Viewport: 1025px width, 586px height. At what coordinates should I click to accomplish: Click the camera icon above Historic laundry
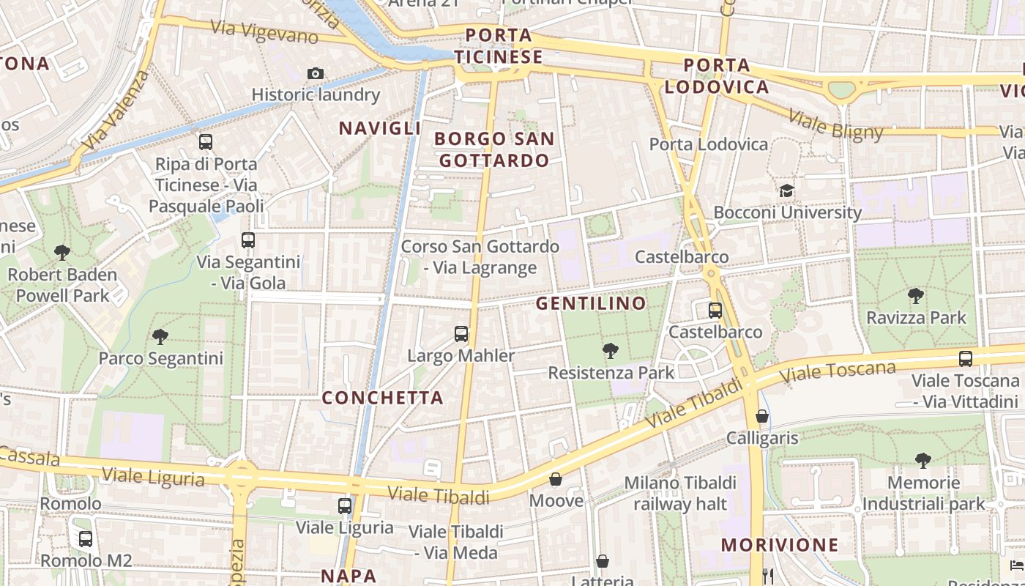pyautogui.click(x=316, y=73)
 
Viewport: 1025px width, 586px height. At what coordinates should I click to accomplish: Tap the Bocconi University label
pyautogui.click(x=787, y=212)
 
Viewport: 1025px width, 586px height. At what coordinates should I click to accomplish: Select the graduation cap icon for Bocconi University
pyautogui.click(x=786, y=191)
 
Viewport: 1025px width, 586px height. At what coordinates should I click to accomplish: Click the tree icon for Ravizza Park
pyautogui.click(x=915, y=296)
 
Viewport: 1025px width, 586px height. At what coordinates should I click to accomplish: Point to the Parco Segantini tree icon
pyautogui.click(x=160, y=337)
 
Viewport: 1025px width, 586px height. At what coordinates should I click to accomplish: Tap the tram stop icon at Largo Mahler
pyautogui.click(x=461, y=334)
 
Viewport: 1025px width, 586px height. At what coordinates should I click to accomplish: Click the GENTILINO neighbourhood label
pyautogui.click(x=592, y=303)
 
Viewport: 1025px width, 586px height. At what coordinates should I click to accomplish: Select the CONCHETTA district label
pyautogui.click(x=383, y=398)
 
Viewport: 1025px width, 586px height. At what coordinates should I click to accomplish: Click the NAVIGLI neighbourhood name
pyautogui.click(x=379, y=128)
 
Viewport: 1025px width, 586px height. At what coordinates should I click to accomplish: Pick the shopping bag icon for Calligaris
pyautogui.click(x=762, y=416)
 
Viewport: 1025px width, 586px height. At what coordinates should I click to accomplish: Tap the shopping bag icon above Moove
pyautogui.click(x=556, y=480)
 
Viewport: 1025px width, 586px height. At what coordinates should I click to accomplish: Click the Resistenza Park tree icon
pyautogui.click(x=610, y=351)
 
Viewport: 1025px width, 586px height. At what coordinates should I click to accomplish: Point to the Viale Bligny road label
pyautogui.click(x=835, y=125)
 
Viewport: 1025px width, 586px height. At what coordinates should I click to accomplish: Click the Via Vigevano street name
pyautogui.click(x=264, y=31)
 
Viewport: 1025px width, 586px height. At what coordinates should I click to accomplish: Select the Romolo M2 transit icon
pyautogui.click(x=86, y=539)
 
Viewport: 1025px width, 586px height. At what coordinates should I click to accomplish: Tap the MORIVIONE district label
pyautogui.click(x=780, y=545)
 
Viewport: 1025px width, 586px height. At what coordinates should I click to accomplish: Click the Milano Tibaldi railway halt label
pyautogui.click(x=679, y=493)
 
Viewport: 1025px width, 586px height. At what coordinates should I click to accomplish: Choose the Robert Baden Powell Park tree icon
pyautogui.click(x=62, y=253)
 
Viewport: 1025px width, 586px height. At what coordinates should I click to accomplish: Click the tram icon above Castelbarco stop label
pyautogui.click(x=715, y=310)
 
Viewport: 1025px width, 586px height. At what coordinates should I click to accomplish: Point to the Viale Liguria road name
pyautogui.click(x=153, y=477)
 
